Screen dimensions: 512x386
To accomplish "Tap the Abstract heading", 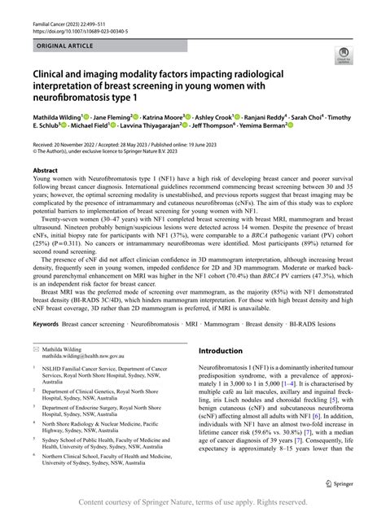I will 46,171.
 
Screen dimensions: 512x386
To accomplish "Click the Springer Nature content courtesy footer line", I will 192,503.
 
